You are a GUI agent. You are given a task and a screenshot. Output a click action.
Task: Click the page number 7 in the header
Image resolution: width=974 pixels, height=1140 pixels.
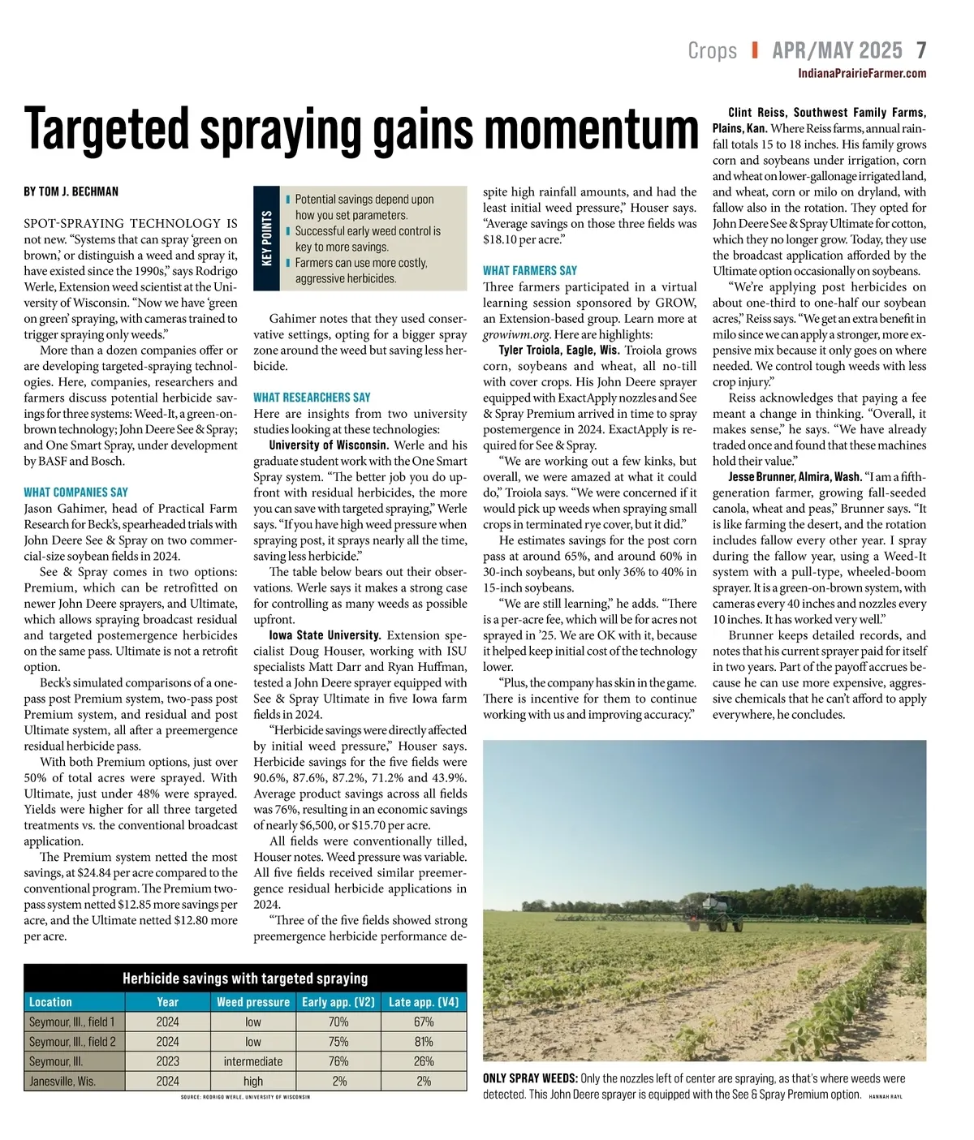[x=921, y=50]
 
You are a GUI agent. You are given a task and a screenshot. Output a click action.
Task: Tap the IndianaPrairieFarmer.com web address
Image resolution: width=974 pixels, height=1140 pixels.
[x=862, y=74]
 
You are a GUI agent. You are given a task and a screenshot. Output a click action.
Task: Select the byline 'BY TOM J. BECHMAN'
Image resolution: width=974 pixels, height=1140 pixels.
[x=71, y=191]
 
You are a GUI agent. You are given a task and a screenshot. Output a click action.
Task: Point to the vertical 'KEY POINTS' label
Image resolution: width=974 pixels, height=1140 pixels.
[x=266, y=238]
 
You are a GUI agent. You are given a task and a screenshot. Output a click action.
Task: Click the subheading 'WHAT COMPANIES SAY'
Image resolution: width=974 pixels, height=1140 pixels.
[x=76, y=493]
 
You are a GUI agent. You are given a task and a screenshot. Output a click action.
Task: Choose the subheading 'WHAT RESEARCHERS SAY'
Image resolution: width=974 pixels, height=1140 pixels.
[x=312, y=398]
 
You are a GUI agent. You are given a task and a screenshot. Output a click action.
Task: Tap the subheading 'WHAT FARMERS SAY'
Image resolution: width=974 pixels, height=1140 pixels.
[x=530, y=271]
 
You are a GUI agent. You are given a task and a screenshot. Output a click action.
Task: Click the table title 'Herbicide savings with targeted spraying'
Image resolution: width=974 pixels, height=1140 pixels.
[x=245, y=979]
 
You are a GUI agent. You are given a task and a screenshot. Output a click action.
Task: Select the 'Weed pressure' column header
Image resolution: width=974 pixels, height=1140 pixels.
[x=253, y=1002]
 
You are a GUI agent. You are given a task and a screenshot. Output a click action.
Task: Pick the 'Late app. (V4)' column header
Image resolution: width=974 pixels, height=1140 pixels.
[x=424, y=1002]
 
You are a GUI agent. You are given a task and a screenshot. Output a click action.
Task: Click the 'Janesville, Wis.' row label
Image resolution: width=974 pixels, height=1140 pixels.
[x=62, y=1081]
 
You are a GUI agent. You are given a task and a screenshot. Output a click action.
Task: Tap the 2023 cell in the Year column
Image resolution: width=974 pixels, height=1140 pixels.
[x=168, y=1061]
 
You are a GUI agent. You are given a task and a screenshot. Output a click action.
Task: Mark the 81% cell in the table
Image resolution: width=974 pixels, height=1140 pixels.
[x=424, y=1042]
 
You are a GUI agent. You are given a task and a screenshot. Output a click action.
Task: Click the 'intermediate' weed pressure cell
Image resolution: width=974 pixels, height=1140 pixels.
[x=253, y=1061]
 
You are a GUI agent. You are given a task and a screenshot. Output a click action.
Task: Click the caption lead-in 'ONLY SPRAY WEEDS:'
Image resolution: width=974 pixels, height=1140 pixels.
[x=530, y=1078]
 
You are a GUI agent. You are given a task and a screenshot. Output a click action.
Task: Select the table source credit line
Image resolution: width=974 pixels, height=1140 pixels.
[x=245, y=1097]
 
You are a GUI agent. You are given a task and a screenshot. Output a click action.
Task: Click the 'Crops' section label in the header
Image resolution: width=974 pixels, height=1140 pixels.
[x=712, y=50]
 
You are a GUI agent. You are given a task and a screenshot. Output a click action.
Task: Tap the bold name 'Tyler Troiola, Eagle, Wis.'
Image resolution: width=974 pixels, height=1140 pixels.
[x=559, y=351]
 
